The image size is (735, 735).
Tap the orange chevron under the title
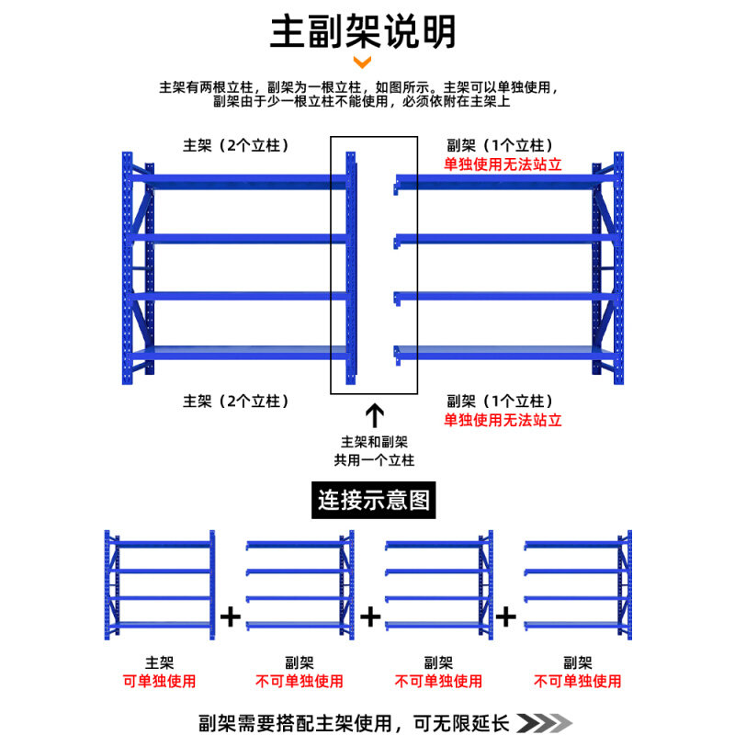tap(363, 62)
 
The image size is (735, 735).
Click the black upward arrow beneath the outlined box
tap(375, 413)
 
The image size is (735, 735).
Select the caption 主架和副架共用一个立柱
tap(374, 450)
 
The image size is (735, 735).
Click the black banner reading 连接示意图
tap(374, 501)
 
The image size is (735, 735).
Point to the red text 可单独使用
tap(159, 681)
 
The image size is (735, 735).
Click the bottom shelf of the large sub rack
tap(496, 352)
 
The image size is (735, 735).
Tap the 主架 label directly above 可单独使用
tap(159, 661)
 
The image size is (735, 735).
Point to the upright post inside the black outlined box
tap(350, 266)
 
